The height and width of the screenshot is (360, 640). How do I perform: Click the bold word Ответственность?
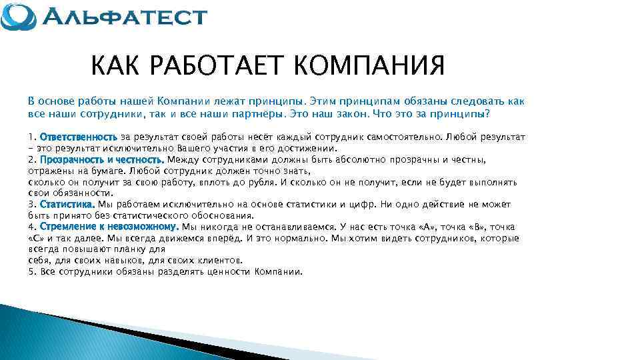[x=79, y=137]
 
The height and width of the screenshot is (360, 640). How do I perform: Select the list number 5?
[x=31, y=272]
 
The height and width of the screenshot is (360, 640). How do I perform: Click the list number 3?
[x=31, y=204]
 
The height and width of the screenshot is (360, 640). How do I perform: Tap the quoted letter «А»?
[x=425, y=227]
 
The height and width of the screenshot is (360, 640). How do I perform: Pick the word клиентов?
[x=221, y=260]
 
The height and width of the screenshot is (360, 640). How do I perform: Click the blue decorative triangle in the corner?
[x=60, y=333]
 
